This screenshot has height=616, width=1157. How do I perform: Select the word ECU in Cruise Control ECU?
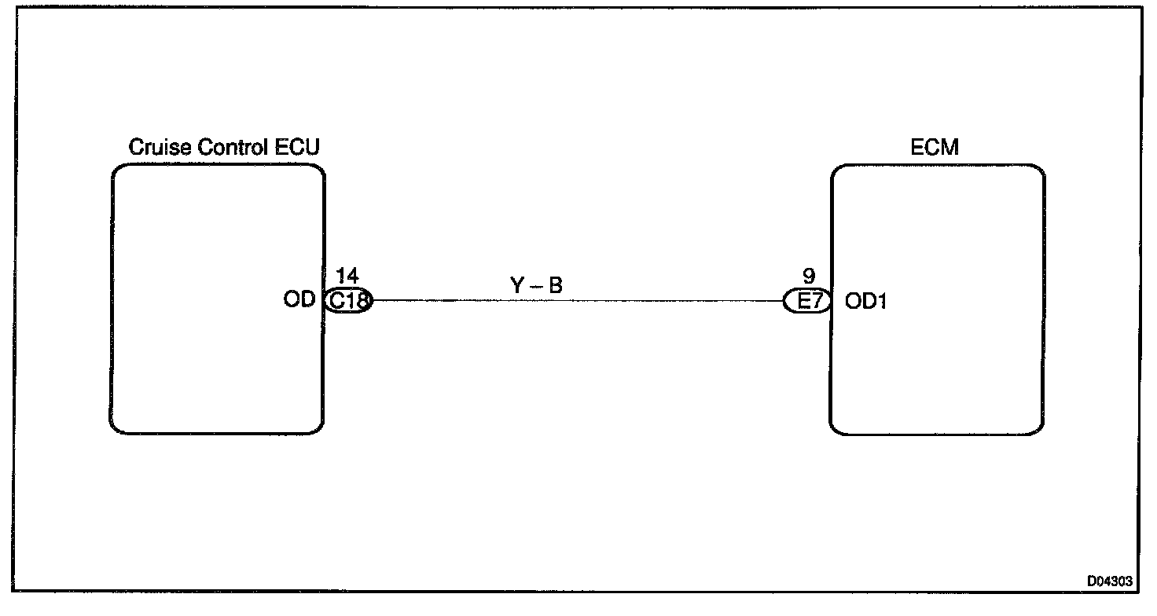(x=299, y=147)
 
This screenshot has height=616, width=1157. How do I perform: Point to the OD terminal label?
(x=299, y=300)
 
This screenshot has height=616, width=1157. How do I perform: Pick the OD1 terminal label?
(x=865, y=300)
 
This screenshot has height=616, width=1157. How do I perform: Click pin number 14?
(x=347, y=277)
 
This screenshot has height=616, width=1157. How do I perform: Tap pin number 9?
(x=809, y=277)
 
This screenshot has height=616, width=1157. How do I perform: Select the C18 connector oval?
(x=348, y=300)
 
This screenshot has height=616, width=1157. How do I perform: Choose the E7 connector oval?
(x=806, y=300)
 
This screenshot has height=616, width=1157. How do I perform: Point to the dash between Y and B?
(x=536, y=287)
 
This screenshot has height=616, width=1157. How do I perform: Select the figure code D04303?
(x=1110, y=581)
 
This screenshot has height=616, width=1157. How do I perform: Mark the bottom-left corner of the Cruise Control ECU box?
(x=112, y=431)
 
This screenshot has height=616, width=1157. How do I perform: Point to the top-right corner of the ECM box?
(x=1041, y=168)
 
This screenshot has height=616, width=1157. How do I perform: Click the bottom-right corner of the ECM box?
(x=1041, y=431)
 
